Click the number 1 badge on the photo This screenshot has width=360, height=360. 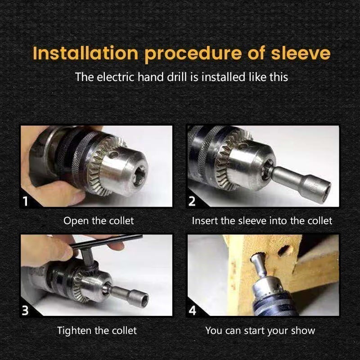click(x=26, y=201)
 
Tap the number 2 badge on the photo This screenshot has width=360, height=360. click(x=192, y=201)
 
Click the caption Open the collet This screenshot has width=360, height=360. click(x=99, y=221)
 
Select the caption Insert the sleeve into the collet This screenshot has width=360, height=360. click(x=262, y=221)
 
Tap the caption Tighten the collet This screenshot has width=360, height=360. click(x=97, y=331)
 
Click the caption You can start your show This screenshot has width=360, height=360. click(x=260, y=331)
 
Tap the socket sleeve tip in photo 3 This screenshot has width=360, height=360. click(x=143, y=297)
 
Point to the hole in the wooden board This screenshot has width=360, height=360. click(x=285, y=250)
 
